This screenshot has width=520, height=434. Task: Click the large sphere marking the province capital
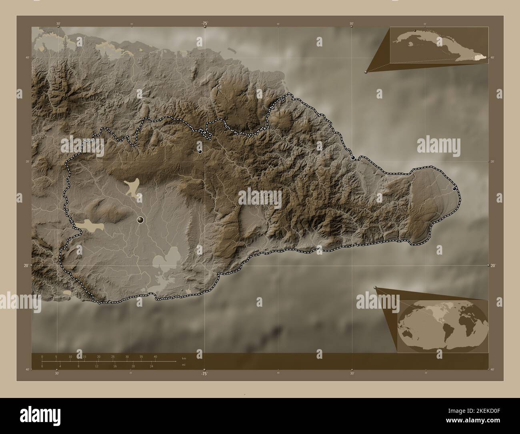[x=140, y=219]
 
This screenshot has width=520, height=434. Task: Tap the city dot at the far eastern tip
[x=454, y=188]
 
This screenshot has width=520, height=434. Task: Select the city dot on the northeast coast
[x=353, y=158]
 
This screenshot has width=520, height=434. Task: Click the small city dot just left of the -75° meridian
[x=200, y=151]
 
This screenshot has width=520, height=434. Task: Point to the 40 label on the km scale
[x=155, y=357]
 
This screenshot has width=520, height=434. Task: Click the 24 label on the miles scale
[x=151, y=366]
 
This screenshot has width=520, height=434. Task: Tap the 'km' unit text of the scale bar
[x=184, y=358]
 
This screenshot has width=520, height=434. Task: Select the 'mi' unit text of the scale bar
[x=184, y=365]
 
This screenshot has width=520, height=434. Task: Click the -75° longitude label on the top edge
[x=204, y=24]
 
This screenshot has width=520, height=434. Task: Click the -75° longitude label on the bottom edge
[x=204, y=374]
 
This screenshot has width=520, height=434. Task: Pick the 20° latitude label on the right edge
[x=493, y=265]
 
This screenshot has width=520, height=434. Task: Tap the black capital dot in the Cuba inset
[x=415, y=30]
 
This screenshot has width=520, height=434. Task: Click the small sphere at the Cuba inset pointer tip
[x=366, y=72]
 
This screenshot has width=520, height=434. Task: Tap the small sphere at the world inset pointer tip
[x=375, y=287]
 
